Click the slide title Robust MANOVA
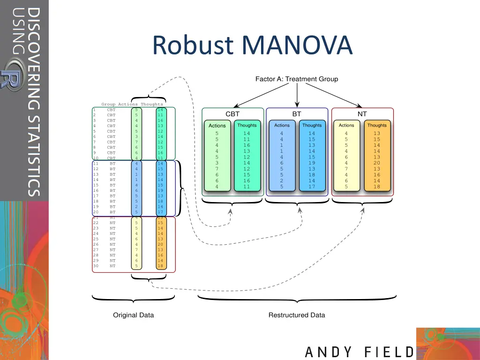pos(252,45)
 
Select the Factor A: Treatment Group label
pos(296,79)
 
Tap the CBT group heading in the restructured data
pos(232,114)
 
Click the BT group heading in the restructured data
pos(297,114)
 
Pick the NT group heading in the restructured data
pos(362,114)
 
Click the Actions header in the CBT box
pos(217,126)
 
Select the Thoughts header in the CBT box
pos(247,125)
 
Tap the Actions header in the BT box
pos(282,125)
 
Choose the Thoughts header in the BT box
pos(312,125)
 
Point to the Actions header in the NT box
pos(346,125)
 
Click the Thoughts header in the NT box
pos(377,125)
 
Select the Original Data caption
pos(133,315)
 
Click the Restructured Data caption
pos(296,315)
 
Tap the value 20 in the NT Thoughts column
pos(377,163)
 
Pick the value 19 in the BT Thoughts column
pos(312,163)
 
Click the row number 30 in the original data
pos(96,266)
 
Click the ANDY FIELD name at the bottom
pos(360,352)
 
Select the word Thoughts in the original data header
pos(152,104)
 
